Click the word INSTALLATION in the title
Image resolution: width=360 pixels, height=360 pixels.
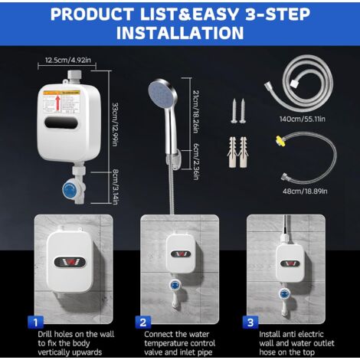click(180, 34)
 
